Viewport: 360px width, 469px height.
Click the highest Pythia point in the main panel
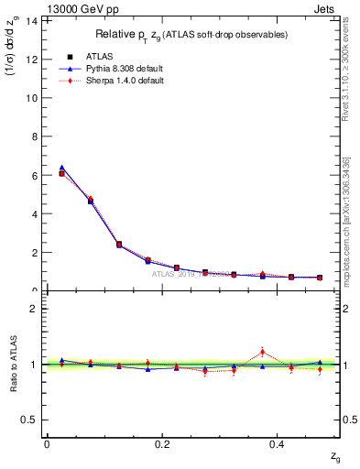coord(61,168)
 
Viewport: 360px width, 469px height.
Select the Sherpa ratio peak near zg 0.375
coord(262,351)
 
